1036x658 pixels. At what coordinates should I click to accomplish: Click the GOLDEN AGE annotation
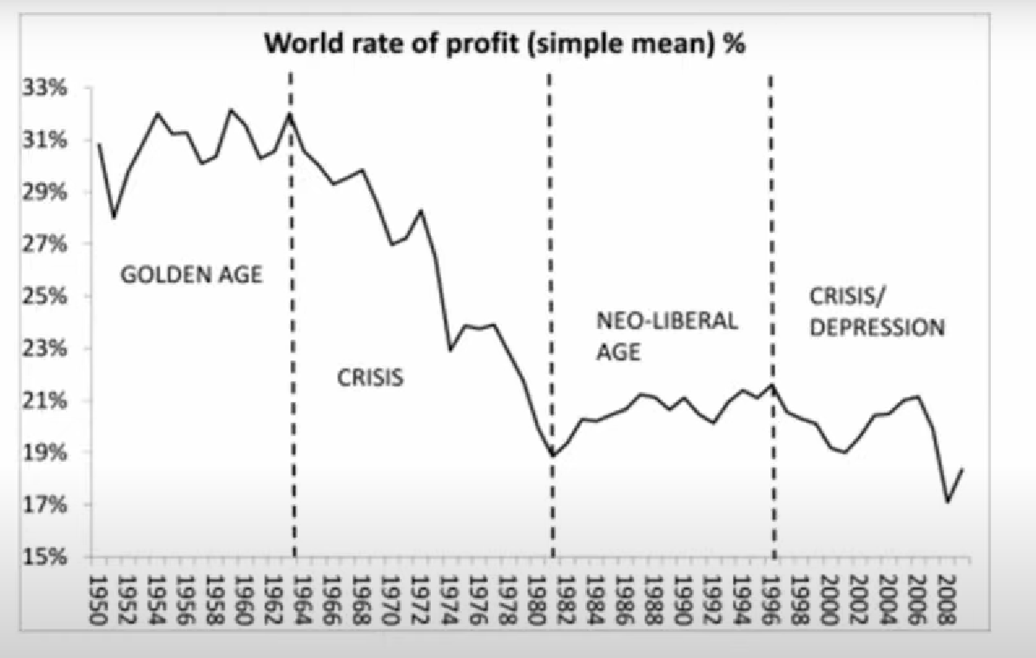coord(191,276)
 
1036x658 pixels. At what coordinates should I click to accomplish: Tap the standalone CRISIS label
coord(370,378)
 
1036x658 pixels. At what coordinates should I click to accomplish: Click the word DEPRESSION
coord(876,328)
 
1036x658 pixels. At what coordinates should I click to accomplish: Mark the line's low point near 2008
coord(947,502)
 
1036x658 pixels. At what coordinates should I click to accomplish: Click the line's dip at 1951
coord(114,218)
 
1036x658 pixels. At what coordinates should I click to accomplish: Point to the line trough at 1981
coord(552,454)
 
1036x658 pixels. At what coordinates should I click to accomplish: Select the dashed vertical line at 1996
coord(771,260)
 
